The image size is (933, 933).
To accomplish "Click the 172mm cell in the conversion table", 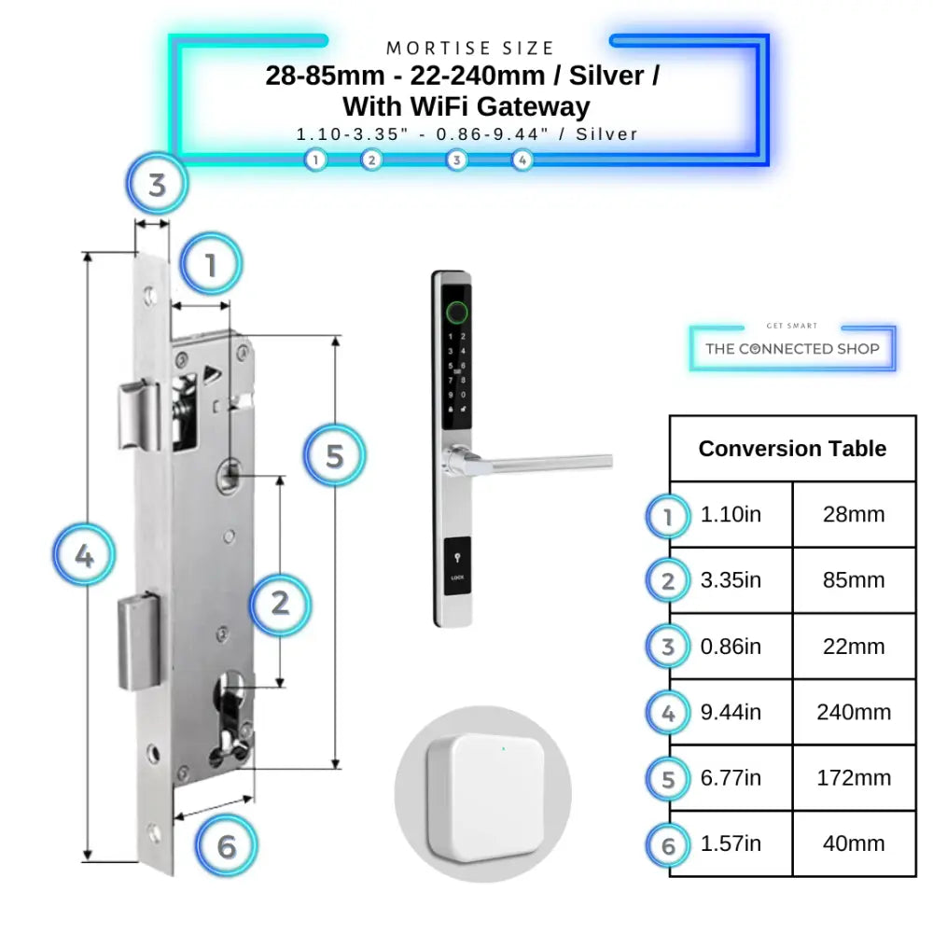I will (x=854, y=778).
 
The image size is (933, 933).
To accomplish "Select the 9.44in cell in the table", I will (x=731, y=713).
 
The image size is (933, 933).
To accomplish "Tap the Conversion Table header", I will (x=792, y=449).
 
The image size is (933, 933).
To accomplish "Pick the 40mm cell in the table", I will (x=854, y=844).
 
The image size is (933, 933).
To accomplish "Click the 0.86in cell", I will (x=731, y=647).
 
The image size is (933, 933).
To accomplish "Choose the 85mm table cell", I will (x=854, y=580).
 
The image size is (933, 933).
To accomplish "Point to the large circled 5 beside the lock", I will (x=335, y=455).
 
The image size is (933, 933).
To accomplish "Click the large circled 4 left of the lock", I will (x=84, y=557).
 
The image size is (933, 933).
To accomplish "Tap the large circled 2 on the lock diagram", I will (x=280, y=604).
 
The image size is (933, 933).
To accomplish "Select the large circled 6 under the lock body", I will (x=227, y=847).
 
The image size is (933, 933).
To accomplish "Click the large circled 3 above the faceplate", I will (x=157, y=184).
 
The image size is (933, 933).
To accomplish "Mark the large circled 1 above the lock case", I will (x=211, y=265).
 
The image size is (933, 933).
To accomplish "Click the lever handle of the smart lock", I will (x=541, y=460).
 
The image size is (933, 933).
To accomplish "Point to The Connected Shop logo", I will (x=792, y=348).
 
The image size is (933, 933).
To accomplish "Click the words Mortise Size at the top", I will (x=470, y=48).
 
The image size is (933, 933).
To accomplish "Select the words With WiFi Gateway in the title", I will (x=466, y=105).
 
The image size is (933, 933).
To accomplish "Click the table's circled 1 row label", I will (x=667, y=516).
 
